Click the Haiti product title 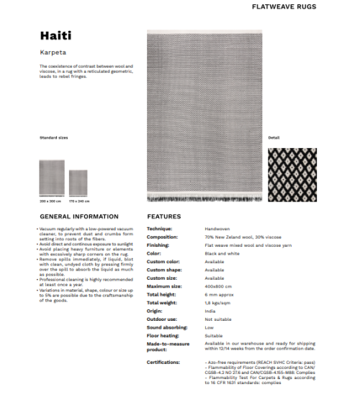coord(55,36)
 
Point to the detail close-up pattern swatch coord(292,174)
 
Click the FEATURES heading coord(163,216)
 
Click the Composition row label coord(162,237)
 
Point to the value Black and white coord(221,253)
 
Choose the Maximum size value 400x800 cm coord(219,286)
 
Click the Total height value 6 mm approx coord(219,294)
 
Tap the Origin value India coord(210,310)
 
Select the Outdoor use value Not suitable coord(217,319)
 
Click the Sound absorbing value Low coord(209,327)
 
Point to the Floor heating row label coord(163,335)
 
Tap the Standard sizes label coord(53,137)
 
